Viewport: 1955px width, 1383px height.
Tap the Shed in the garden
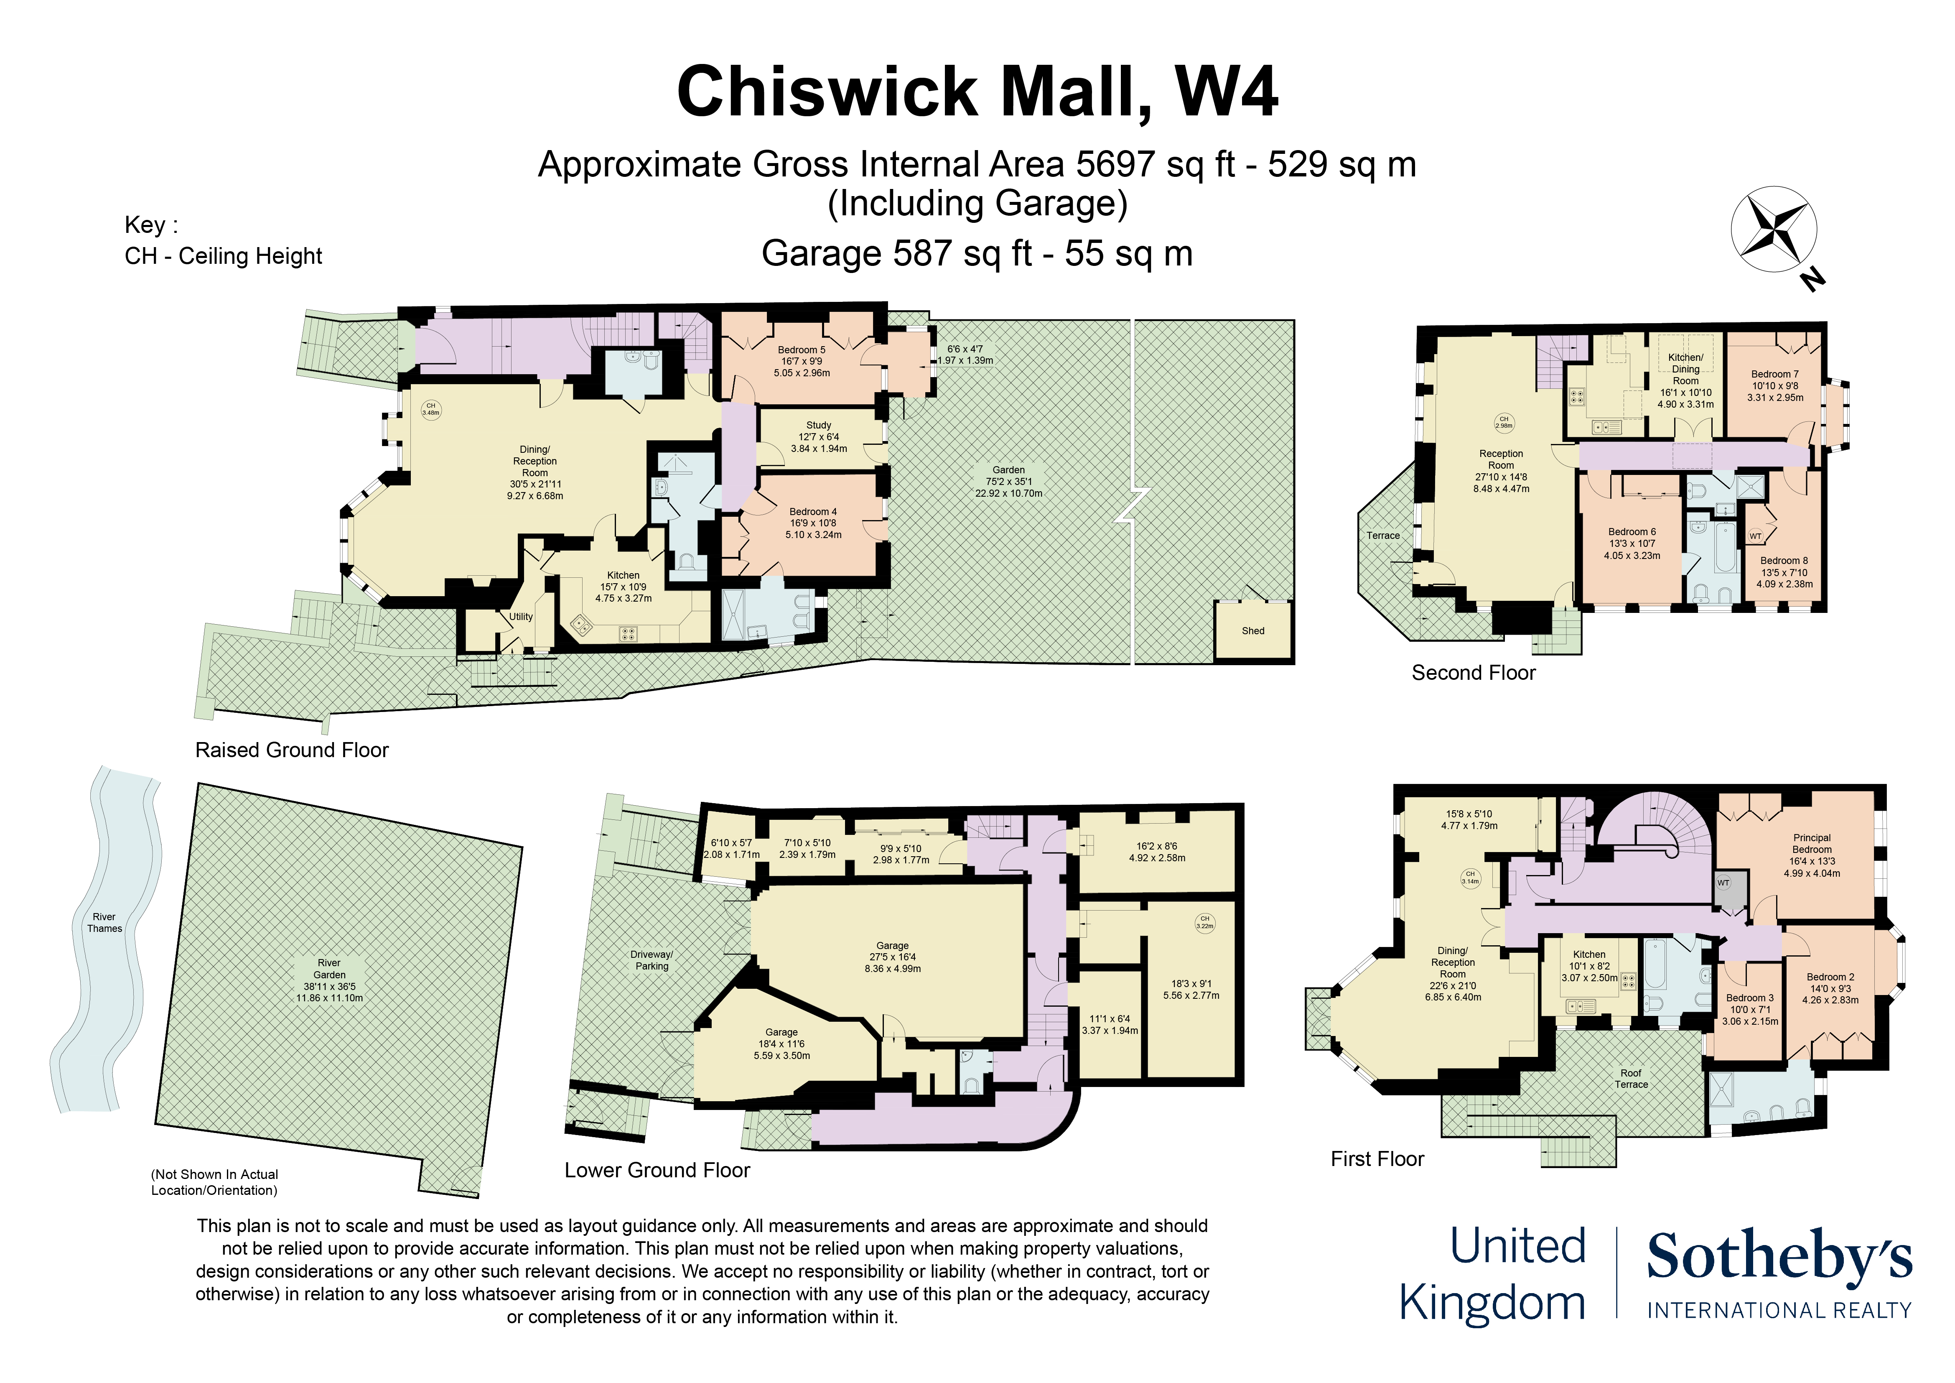pos(1252,630)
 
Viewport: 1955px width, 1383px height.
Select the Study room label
pos(818,425)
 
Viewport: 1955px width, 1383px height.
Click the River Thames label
pos(104,922)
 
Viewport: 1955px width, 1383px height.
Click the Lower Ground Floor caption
pos(657,1170)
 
